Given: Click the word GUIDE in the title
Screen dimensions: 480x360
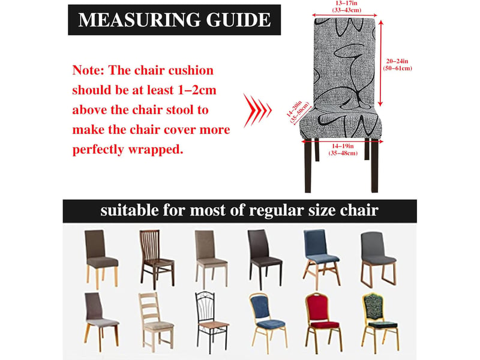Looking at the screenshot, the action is coord(238,20).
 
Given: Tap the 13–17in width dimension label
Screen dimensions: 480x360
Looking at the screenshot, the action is coord(347,7).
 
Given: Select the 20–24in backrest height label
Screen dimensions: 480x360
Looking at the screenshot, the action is coord(397,65).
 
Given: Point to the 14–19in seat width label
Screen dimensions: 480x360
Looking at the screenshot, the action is coord(343,149).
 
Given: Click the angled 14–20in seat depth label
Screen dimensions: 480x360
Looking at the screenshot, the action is coord(298,112).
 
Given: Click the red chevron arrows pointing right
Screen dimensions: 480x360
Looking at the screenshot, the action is coord(257,110).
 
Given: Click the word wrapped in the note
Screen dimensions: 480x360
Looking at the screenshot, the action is coord(155,149).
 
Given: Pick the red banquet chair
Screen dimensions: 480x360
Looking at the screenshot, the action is coord(323,323).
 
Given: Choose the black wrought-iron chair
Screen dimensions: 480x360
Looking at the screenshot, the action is coord(212,322).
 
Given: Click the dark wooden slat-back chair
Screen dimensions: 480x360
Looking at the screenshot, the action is coord(157,260).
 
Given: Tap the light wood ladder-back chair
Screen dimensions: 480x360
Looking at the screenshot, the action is coord(156,322).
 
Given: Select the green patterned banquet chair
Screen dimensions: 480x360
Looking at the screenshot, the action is coord(380,322).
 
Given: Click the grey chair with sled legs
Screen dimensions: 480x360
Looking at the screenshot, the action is coord(378,260).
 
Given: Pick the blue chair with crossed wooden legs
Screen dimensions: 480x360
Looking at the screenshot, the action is coord(321,260).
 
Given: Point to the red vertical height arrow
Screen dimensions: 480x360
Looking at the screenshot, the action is coord(380,64).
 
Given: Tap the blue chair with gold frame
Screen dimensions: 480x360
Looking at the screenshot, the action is coord(268,323).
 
